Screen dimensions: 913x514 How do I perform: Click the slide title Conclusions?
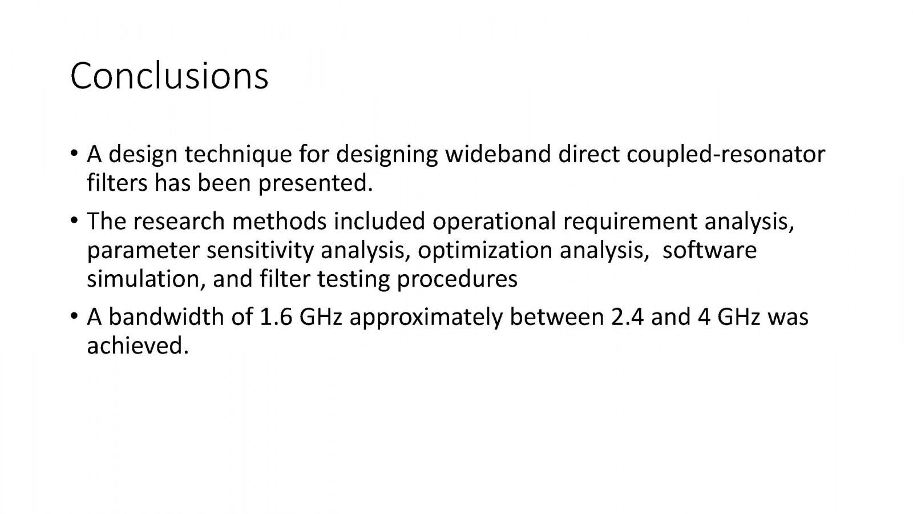click(169, 76)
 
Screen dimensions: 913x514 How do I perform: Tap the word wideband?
click(498, 154)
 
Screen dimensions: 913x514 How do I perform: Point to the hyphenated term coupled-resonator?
click(726, 155)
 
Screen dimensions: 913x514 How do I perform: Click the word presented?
click(316, 183)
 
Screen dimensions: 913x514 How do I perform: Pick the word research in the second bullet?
click(179, 222)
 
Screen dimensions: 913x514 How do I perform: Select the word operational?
click(494, 222)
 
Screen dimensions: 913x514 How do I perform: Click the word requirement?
click(630, 222)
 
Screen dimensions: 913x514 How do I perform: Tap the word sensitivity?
click(260, 251)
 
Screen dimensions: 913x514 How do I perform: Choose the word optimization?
click(485, 251)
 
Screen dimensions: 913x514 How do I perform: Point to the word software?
click(709, 250)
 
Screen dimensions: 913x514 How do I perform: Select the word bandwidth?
click(166, 317)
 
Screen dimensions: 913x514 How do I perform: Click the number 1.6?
click(276, 318)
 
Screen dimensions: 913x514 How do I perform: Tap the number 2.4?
click(627, 318)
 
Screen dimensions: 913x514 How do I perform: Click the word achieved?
click(138, 346)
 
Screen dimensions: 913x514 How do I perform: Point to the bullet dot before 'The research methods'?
click(74, 220)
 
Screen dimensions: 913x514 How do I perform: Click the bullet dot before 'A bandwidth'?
click(74, 316)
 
